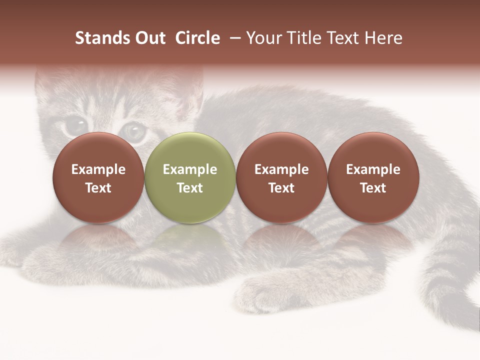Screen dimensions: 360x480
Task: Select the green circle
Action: click(x=190, y=178)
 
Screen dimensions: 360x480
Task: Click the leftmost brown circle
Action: click(x=98, y=178)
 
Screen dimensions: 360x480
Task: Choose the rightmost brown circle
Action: click(x=373, y=178)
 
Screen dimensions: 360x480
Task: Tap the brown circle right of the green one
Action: click(x=281, y=178)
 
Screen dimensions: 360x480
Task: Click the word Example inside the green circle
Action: click(x=190, y=169)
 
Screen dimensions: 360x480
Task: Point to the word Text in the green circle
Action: click(x=190, y=188)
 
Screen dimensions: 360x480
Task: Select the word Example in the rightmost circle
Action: click(x=373, y=169)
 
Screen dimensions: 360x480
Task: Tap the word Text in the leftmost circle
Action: click(x=98, y=188)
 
